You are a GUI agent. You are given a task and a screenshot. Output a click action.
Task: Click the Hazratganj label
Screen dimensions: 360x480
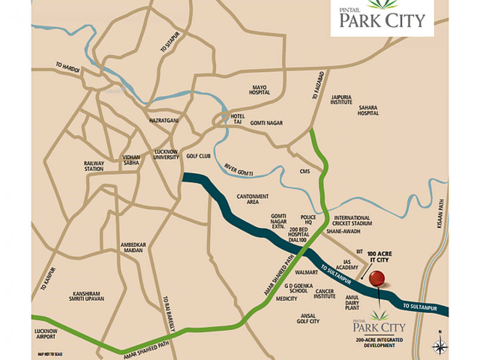[164, 120]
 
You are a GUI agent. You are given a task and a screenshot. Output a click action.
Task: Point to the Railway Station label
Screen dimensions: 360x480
[94, 166]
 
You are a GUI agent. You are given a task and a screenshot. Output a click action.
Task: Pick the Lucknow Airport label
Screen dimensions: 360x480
[46, 334]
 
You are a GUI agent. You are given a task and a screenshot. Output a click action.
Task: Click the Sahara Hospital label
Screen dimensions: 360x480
[368, 110]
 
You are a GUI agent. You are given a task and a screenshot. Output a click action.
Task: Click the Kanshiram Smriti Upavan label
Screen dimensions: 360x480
[86, 296]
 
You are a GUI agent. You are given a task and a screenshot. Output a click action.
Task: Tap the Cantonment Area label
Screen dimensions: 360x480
[253, 199]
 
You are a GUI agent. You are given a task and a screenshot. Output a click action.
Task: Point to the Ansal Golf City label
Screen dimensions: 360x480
[308, 318]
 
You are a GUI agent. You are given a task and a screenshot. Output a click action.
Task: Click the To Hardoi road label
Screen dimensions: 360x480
[68, 68]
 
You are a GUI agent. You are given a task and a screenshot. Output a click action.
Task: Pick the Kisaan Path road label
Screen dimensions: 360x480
[441, 214]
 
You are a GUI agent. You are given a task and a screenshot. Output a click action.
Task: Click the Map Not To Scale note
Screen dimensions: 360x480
[50, 354]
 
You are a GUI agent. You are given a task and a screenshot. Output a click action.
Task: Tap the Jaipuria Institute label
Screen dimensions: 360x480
[341, 100]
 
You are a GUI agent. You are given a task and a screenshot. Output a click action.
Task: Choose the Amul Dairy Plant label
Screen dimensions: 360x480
[352, 302]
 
